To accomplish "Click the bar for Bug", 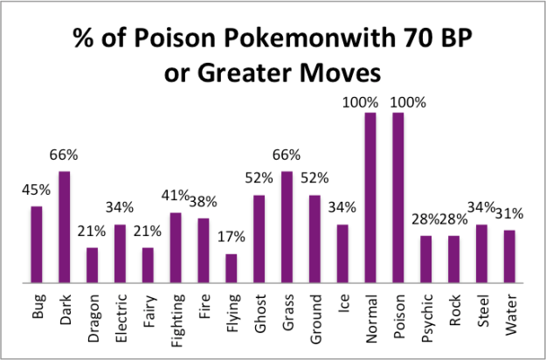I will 37,246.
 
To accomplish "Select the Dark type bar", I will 65,228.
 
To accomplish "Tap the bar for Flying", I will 231,269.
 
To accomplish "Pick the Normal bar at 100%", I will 370,198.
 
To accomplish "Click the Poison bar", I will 398,198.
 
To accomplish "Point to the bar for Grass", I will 287,228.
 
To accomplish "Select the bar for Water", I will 509,257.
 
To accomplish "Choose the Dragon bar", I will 93,266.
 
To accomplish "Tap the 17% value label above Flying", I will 232,237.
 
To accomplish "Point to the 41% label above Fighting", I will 176,196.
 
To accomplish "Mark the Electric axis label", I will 121,317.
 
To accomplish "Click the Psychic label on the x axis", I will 426,317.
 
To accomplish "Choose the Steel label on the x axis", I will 482,313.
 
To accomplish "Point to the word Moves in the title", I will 334,69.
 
